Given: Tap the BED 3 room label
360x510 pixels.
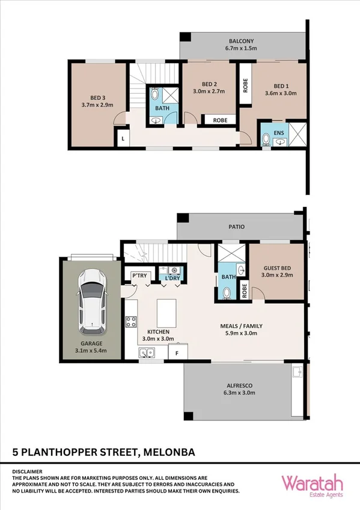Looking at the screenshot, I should click(97, 97).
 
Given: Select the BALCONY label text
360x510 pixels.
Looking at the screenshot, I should click(241, 41).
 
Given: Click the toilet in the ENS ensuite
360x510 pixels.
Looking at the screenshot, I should click(266, 140).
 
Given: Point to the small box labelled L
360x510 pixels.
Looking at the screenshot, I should click(123, 139).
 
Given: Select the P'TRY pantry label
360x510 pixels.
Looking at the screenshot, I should click(139, 276).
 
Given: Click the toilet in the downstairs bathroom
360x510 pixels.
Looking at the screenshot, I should click(227, 292).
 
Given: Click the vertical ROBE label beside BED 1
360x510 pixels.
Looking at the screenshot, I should click(245, 85).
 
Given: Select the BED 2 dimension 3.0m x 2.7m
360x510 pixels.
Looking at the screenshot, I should click(209, 92).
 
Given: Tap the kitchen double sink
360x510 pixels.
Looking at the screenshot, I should click(147, 354).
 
